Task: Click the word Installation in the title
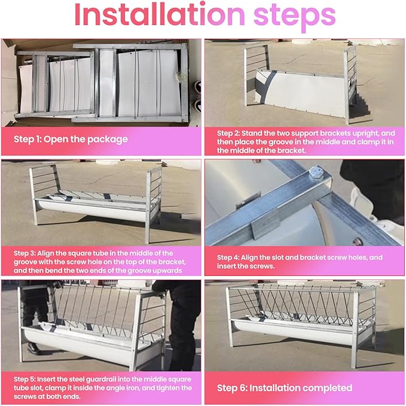(160, 14)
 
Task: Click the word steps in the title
(295, 17)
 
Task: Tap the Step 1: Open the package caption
(71, 140)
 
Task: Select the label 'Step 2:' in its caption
(228, 133)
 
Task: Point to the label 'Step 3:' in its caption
(25, 253)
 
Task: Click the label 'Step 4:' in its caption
(228, 257)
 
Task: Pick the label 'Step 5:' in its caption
(25, 379)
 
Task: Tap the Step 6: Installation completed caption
(285, 388)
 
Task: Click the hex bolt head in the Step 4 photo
(316, 172)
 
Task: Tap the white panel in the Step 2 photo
(301, 93)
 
